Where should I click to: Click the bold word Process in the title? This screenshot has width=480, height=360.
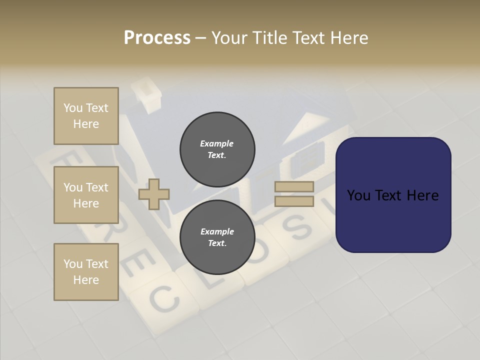tap(157, 38)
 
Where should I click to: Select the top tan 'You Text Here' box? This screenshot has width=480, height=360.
tap(86, 116)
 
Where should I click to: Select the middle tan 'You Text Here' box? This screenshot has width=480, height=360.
tap(86, 195)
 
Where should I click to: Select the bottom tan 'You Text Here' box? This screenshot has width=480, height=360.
tap(86, 272)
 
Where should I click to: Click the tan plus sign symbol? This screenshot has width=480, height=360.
tap(154, 193)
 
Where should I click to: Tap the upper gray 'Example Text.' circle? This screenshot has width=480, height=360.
tap(217, 149)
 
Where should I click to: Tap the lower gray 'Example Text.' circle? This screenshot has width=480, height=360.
tap(217, 237)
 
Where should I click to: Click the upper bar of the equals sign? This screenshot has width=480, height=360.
tap(294, 186)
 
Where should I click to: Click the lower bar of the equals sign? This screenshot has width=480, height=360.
tap(294, 201)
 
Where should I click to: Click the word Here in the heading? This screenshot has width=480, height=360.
tap(349, 38)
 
